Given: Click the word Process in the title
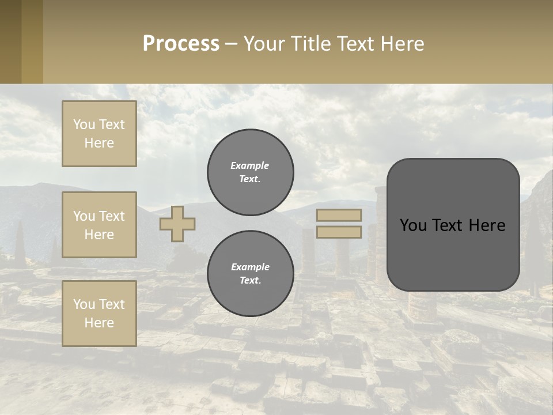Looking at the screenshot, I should pos(181,44).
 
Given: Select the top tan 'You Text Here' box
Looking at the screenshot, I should pos(99,134).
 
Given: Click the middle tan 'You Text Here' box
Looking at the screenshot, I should pos(99,225).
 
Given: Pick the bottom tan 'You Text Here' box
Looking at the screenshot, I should pos(99,314).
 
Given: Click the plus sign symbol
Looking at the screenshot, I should pos(177,223).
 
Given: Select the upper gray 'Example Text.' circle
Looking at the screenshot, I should pos(251,172).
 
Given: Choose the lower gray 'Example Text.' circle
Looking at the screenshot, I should pos(251,274).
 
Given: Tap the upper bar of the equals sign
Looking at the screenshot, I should pos(339,215).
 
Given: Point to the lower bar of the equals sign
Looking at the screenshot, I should pos(339,232).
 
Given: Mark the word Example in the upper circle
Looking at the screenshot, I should pos(249,165).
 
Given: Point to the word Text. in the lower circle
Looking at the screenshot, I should pos(251,281).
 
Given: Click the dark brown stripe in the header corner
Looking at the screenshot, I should pos(10,41).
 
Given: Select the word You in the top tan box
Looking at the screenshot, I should pos(84,124).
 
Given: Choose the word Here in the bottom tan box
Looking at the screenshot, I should pos(99,323).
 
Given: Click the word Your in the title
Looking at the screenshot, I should pos(264,44).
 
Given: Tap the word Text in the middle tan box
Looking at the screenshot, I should pos(111,216).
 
